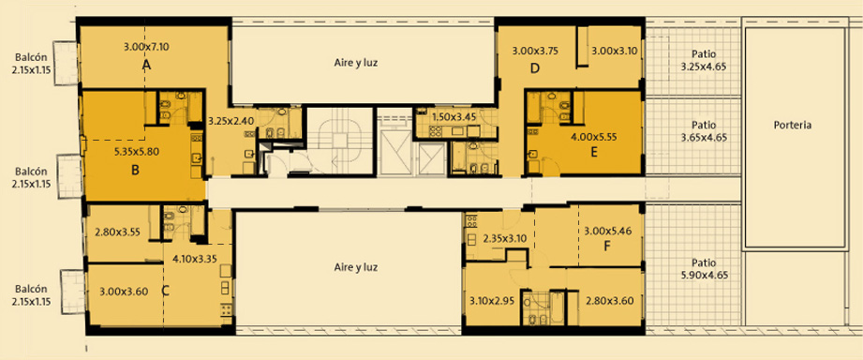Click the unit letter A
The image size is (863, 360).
coord(146,66)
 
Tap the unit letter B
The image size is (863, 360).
coord(135,170)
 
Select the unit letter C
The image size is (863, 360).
coord(165,292)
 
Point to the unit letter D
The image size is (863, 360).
coord(534,68)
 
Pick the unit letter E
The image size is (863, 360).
coord(594,153)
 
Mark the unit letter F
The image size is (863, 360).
coord(607,246)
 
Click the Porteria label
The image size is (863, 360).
coord(793,125)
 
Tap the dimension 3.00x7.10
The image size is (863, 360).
coord(146,47)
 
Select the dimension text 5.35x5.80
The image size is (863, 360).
coord(137,153)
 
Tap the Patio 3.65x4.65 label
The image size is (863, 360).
coord(705,131)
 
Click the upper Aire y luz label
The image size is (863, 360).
coord(355,62)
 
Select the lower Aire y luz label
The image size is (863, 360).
coord(355,268)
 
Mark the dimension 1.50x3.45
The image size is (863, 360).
coord(454,116)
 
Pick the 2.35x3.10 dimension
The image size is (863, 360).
coord(505,239)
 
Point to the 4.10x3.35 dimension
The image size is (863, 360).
coord(194,258)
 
